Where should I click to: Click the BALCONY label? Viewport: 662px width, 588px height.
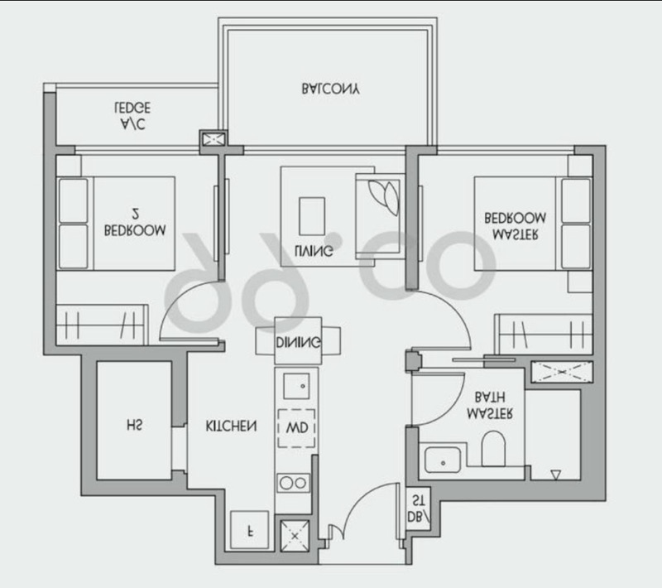[x=330, y=89]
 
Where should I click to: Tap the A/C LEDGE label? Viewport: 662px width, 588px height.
[x=132, y=115]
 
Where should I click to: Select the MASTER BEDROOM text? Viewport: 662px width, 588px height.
[x=515, y=226]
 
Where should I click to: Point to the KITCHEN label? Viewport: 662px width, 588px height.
[x=231, y=426]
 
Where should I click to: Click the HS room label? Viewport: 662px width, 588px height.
[x=134, y=425]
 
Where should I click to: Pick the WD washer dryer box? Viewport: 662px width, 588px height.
[x=296, y=428]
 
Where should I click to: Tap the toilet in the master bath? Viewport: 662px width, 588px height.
[x=493, y=449]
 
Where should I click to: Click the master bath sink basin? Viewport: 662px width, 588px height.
[x=443, y=460]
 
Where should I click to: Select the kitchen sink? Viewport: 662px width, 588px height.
[x=296, y=386]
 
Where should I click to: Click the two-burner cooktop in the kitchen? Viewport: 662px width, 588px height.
[x=293, y=483]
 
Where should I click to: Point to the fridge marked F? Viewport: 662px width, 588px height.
[x=250, y=530]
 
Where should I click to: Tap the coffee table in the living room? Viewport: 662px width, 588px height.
[x=312, y=216]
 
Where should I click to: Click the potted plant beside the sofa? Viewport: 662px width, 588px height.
[x=383, y=197]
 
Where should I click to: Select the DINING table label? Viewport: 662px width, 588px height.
[x=298, y=342]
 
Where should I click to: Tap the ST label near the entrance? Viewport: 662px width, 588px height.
[x=418, y=500]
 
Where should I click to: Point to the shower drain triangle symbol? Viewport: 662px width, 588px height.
[x=555, y=475]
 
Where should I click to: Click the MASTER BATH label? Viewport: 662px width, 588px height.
[x=490, y=405]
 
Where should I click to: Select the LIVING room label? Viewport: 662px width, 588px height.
[x=314, y=250]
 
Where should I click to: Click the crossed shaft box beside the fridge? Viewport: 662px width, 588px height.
[x=295, y=536]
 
